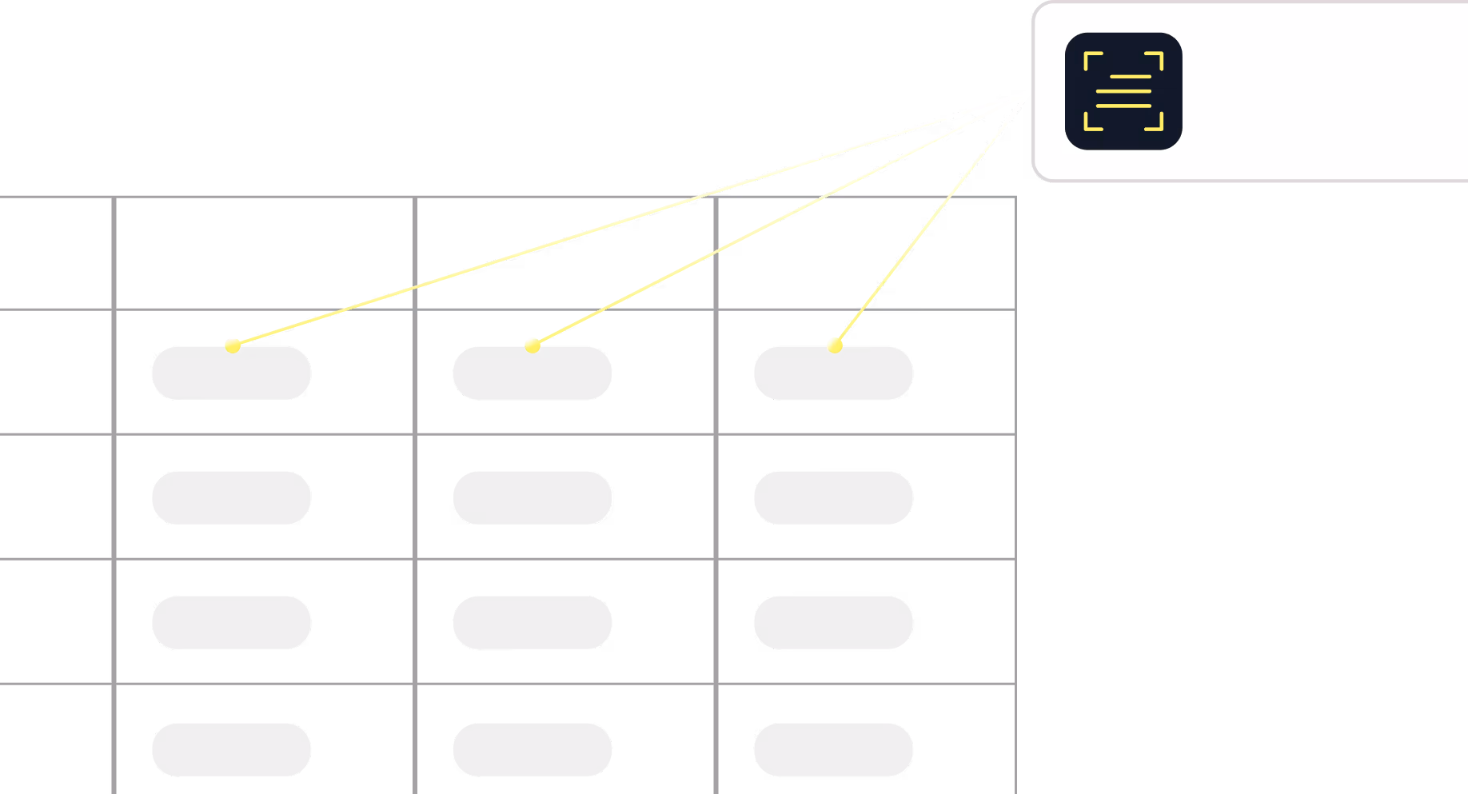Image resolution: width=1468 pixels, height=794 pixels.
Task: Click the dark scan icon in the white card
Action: [x=1123, y=91]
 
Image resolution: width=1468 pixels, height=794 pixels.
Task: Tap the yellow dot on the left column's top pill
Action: [x=233, y=345]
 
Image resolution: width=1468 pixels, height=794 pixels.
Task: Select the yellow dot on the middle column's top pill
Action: [x=533, y=345]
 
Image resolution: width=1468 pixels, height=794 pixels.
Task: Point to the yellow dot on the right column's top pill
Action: [x=835, y=345]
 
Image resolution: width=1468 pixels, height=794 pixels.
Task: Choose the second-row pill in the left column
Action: [x=231, y=497]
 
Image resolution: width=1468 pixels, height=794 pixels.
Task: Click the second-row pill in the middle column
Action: [x=533, y=497]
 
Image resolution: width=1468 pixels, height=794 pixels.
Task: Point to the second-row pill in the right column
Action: [x=833, y=497]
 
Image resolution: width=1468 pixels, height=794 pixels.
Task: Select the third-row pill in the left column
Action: [x=231, y=622]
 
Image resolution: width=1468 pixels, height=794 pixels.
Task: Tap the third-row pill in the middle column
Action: [x=533, y=622]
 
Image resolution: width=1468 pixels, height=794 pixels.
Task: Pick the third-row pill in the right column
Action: [x=833, y=622]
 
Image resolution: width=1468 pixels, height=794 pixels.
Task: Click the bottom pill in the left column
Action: [x=231, y=749]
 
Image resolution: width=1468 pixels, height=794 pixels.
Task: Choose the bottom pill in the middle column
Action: [x=533, y=749]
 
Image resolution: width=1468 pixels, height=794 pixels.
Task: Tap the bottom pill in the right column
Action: [x=833, y=749]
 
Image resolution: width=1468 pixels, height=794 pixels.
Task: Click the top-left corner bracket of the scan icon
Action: [x=1091, y=58]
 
